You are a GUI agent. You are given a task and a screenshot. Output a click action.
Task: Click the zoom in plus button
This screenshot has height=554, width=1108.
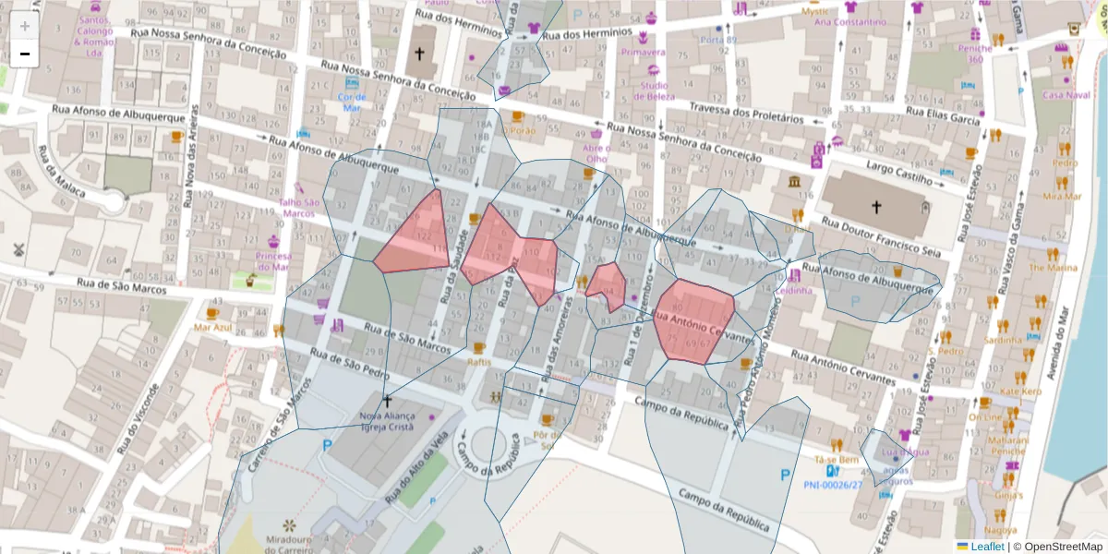(25, 26)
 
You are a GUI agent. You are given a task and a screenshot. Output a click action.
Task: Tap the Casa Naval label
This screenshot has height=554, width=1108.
(1066, 94)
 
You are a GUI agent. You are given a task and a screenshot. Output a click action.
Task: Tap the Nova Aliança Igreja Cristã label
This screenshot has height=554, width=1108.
(387, 422)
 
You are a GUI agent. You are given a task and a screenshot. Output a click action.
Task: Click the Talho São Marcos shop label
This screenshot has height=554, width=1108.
(299, 208)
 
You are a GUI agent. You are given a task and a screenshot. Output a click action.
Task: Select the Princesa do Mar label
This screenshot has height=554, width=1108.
(273, 261)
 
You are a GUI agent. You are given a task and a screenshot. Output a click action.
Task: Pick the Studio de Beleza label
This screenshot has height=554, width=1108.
(654, 90)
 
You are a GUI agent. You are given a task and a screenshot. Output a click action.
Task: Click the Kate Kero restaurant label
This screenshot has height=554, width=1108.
(1020, 391)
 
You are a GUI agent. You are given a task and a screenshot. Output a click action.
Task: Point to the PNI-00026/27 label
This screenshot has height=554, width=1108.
(833, 484)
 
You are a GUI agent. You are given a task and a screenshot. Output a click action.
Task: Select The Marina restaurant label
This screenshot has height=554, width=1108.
(1053, 268)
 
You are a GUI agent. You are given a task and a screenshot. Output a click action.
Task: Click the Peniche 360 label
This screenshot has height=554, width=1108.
(975, 54)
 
